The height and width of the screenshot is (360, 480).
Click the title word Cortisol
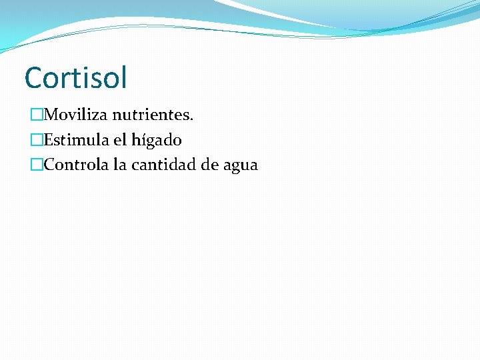pos(75,77)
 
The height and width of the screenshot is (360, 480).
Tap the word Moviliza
pos(75,115)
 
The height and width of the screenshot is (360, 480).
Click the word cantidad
pos(163,165)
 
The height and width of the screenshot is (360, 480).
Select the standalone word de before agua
pos(211,165)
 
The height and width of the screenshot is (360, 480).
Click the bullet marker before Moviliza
pos(37,115)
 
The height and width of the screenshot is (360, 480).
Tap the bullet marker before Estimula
pos(37,140)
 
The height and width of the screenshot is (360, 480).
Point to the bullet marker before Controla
pos(37,165)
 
